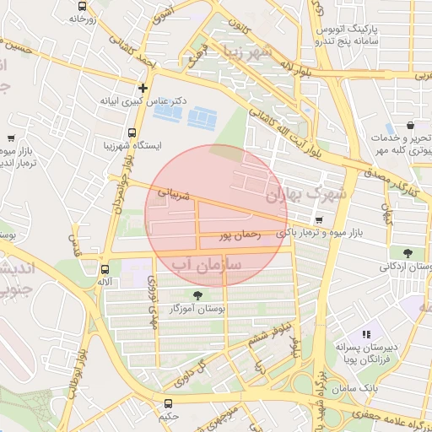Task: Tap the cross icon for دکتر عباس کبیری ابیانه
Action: (143, 87)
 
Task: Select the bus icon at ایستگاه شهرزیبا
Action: (131, 132)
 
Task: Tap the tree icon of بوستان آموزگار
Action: (197, 295)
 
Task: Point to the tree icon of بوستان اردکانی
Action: (408, 252)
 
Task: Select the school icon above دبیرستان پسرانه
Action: (366, 334)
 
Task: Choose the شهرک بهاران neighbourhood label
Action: (305, 194)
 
